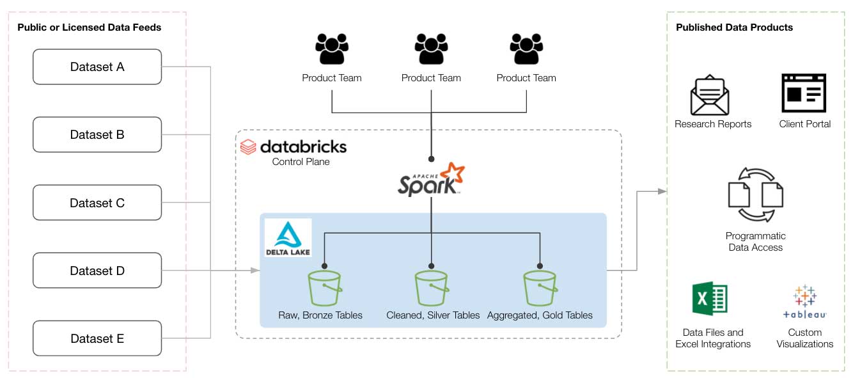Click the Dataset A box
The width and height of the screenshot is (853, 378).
click(97, 67)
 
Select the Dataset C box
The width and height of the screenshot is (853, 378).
click(97, 203)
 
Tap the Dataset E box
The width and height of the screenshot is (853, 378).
click(97, 339)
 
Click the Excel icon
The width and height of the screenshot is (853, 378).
click(710, 299)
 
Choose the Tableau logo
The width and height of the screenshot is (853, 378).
click(805, 302)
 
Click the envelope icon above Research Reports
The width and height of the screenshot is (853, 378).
click(710, 95)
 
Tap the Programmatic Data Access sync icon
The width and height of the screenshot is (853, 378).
click(755, 194)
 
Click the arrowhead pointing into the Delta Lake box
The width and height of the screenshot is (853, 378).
click(256, 271)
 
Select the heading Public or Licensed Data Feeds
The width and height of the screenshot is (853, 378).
click(89, 28)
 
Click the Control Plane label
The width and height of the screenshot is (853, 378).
click(301, 162)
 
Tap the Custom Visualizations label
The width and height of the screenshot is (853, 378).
click(805, 338)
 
